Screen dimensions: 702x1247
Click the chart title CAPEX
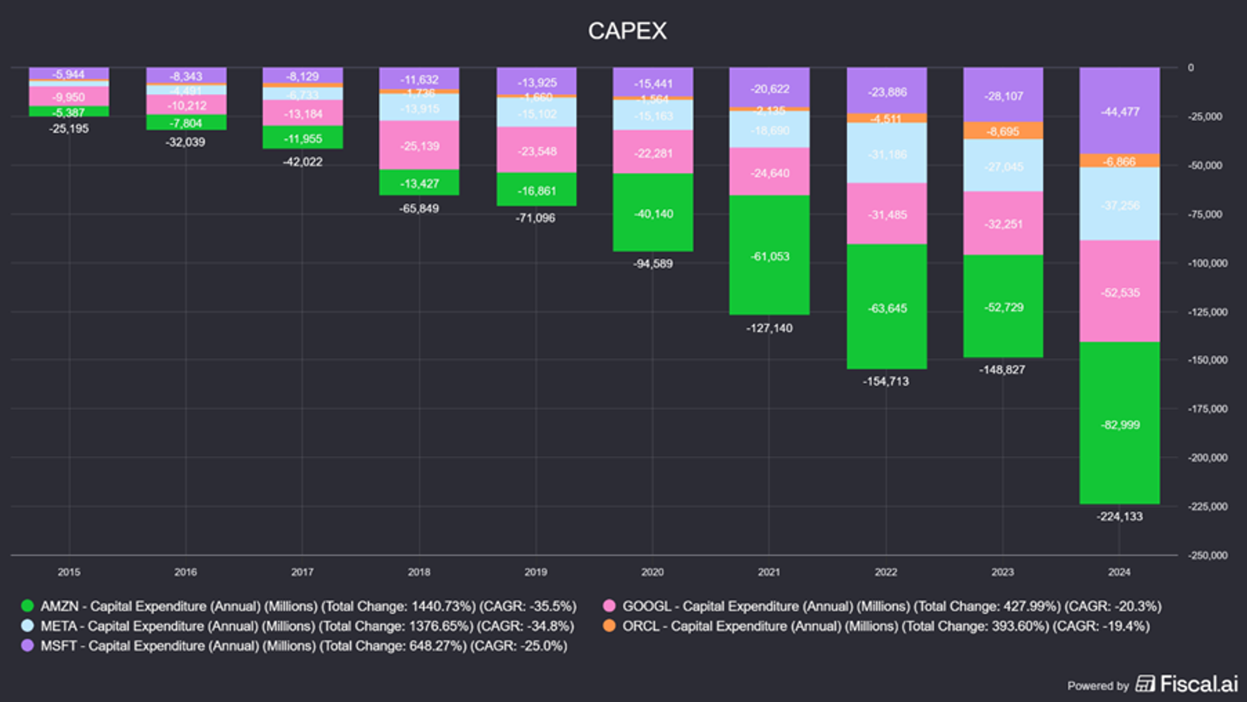click(627, 31)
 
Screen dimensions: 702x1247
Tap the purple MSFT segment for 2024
click(1119, 111)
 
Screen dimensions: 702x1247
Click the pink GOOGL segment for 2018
click(419, 146)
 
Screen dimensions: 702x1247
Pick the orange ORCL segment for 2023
click(1003, 131)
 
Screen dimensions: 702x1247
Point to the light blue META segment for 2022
click(886, 153)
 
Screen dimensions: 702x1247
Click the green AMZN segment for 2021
click(769, 255)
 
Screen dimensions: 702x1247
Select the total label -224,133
click(1119, 517)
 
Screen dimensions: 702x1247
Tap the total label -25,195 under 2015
click(69, 129)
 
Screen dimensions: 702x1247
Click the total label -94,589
click(653, 264)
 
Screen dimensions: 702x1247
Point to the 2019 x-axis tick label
click(535, 572)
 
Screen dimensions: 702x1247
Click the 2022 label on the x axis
click(885, 572)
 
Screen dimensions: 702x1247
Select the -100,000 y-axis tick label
click(1207, 263)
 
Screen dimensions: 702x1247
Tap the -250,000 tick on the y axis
click(1207, 555)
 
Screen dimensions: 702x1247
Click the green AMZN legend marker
click(27, 606)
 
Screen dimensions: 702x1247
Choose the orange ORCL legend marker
click(609, 625)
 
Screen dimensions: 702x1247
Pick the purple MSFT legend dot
click(27, 645)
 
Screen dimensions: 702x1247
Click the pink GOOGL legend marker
click(609, 606)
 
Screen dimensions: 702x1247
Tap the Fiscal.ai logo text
click(1198, 684)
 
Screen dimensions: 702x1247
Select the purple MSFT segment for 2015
click(69, 74)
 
